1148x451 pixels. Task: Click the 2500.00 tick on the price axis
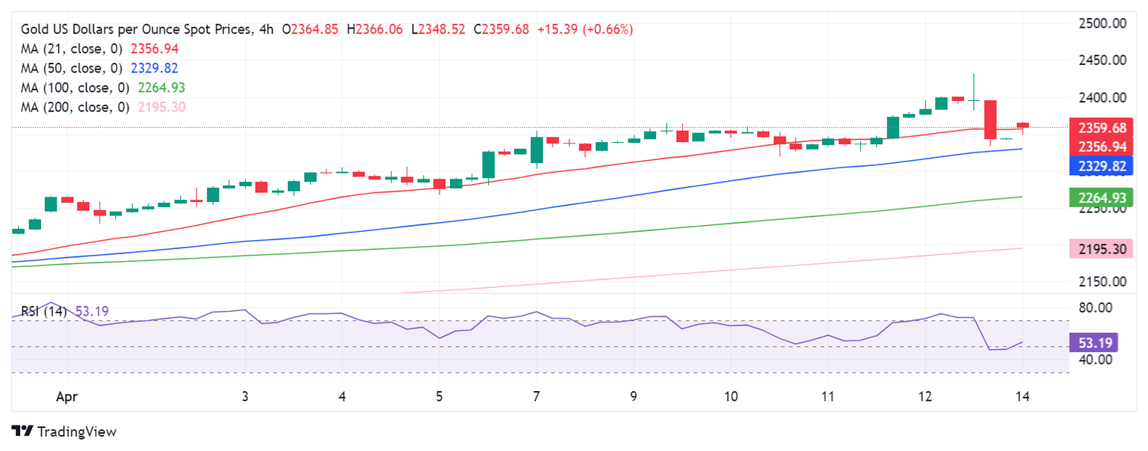1103,23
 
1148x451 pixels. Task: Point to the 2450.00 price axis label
1103,60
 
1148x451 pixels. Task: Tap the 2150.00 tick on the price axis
1103,281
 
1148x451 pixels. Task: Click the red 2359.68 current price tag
1098,128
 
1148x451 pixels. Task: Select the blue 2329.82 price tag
1098,166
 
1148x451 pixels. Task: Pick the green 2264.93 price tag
1098,198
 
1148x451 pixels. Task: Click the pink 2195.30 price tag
1098,249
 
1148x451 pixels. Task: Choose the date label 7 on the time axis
537,397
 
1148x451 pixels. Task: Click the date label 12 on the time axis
925,397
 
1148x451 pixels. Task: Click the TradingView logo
64,432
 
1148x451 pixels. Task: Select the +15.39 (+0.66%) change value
585,29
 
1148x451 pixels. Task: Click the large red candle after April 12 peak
990,120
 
